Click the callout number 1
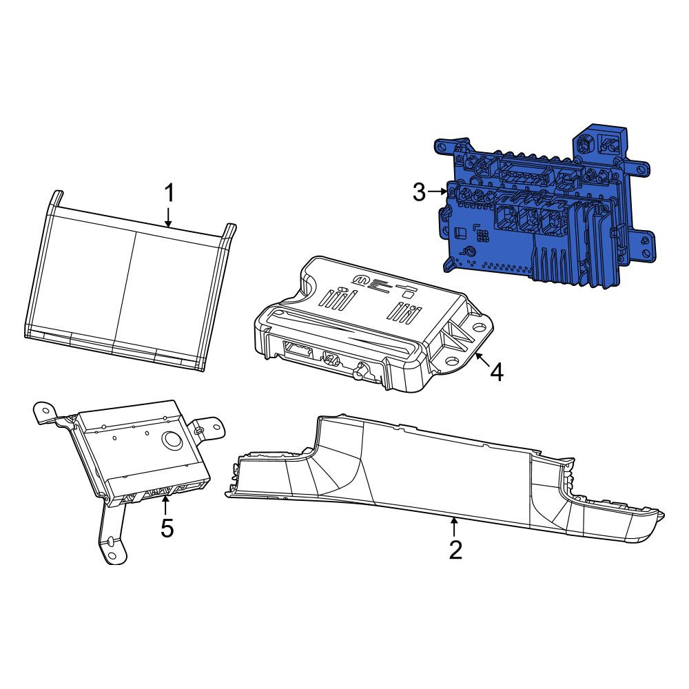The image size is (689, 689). pos(169,194)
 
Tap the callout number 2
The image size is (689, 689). pos(455,550)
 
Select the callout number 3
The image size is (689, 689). pos(419,192)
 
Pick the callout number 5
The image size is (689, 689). pos(167,528)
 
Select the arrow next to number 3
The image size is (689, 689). pos(438,191)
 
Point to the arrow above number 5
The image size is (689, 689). pos(165,504)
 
